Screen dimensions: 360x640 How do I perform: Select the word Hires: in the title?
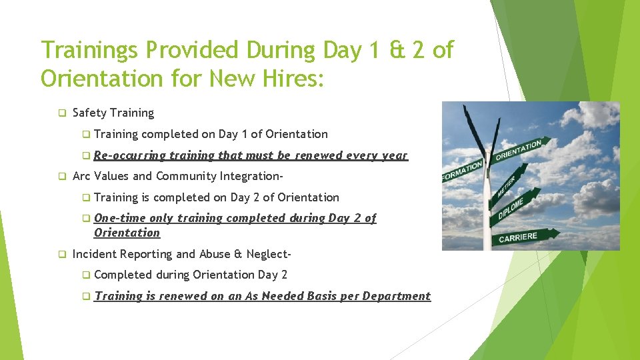pos(291,79)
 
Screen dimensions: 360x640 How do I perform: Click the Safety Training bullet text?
pos(113,113)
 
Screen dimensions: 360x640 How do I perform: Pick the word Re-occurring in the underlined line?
pos(129,155)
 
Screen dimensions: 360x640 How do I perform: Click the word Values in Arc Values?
pos(112,176)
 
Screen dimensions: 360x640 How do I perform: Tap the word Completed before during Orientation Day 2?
pos(123,274)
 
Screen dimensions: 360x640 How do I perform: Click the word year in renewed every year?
pos(394,155)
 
